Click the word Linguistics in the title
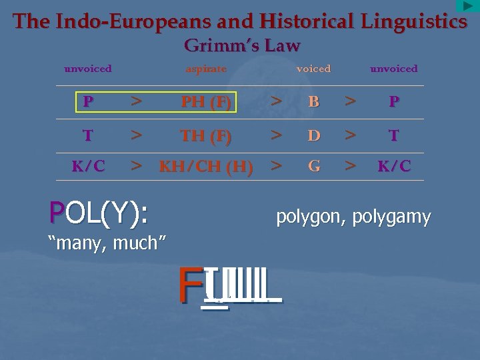coord(414,21)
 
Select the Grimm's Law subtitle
coord(241,46)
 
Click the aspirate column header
coord(206,69)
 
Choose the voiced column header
coord(313,69)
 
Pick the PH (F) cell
coord(206,103)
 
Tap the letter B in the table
coord(313,103)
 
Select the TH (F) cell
coord(206,136)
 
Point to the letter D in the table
coord(313,136)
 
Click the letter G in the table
coord(313,167)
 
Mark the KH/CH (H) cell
coord(206,167)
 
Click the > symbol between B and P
coord(349,102)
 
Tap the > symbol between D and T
coord(349,135)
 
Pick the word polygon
coord(308,217)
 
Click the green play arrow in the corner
coord(467,6)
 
